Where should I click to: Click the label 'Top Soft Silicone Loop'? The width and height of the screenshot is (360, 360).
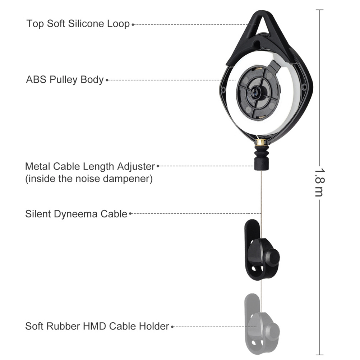(78, 24)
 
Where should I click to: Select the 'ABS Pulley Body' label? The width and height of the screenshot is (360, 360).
(65, 80)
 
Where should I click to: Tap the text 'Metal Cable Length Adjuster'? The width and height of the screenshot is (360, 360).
(90, 166)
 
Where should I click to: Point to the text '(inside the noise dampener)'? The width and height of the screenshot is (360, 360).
(89, 179)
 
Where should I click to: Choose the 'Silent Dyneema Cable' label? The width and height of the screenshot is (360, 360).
(76, 214)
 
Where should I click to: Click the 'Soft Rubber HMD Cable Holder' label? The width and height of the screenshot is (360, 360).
(97, 326)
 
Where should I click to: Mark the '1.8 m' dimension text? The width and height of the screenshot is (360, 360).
(320, 183)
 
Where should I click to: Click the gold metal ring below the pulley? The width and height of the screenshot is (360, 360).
(261, 142)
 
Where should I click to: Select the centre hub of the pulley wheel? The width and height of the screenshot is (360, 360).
(255, 93)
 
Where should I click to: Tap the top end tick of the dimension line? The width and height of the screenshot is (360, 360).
(320, 10)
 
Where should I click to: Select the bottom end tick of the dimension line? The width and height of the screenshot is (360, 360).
(320, 355)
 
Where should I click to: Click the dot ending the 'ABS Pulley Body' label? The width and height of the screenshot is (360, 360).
(107, 80)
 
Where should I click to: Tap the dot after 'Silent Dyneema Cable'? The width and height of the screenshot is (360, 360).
(130, 213)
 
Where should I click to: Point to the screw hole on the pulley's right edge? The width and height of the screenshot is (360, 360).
(304, 87)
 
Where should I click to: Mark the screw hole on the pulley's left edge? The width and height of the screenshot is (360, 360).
(223, 90)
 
